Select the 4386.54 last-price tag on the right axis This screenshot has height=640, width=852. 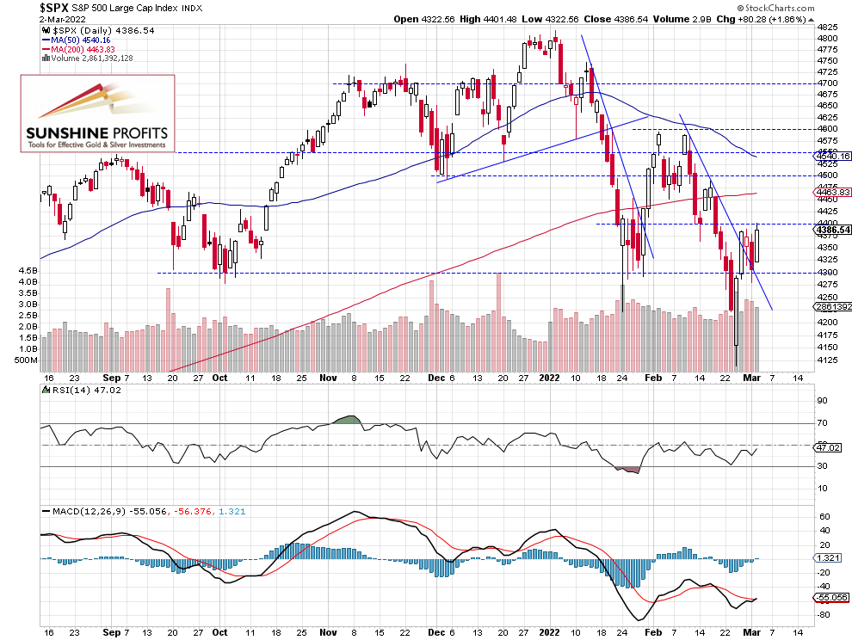click(832, 230)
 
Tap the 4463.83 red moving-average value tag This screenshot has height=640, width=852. click(832, 192)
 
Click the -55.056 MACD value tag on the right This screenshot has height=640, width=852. click(830, 596)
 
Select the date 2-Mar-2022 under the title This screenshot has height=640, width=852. click(28, 19)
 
